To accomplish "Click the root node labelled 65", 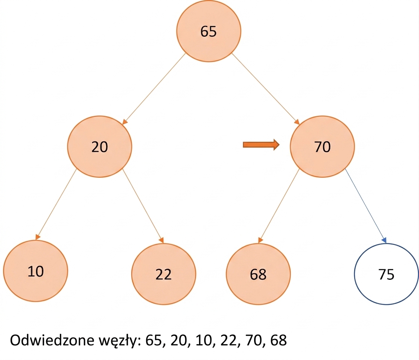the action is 208,31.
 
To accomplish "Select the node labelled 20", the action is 99,147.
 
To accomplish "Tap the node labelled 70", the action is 322,147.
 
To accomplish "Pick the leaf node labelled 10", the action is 36,271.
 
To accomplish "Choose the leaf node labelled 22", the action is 163,274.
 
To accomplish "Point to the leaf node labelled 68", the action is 258,274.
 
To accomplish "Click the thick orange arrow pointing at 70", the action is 261,145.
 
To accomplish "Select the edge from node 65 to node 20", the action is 154,89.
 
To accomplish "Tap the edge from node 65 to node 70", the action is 266,89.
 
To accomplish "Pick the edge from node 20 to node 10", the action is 56,204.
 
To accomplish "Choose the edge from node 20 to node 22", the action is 143,206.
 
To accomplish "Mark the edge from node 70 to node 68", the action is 279,206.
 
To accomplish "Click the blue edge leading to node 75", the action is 366,206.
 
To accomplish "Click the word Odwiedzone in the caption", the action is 52,340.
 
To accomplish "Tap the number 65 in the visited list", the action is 154,340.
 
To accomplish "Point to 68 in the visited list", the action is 278,340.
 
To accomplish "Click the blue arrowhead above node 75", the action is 385,240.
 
